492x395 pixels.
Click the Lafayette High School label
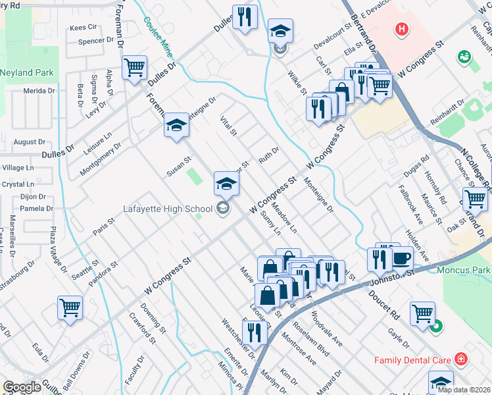[168, 209]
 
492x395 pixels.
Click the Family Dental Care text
[412, 360]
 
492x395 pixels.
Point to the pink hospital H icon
[401, 29]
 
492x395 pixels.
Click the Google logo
[22, 387]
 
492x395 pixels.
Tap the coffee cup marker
[402, 259]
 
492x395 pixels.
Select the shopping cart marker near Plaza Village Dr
[70, 307]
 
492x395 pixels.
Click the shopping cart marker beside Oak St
[474, 198]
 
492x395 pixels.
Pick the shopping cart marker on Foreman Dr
[134, 67]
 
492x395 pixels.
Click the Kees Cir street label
[83, 28]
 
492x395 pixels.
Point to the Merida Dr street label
[39, 91]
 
